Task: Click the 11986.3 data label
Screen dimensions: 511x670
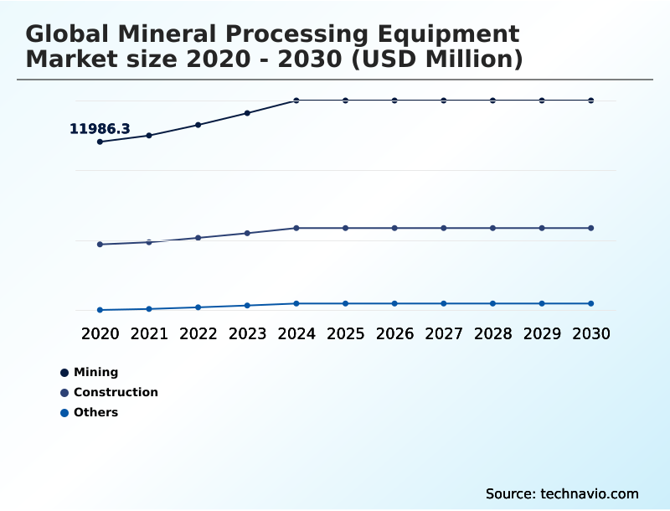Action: point(100,129)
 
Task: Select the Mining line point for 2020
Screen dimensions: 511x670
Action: point(100,142)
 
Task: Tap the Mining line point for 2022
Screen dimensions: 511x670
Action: point(198,125)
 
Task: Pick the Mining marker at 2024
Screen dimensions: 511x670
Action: point(296,101)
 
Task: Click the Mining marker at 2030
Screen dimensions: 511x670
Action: point(591,101)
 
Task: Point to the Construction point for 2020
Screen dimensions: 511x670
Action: point(100,245)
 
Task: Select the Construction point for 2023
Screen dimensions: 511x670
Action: point(247,233)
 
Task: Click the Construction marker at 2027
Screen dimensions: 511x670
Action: point(444,228)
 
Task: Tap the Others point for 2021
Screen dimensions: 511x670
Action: point(149,309)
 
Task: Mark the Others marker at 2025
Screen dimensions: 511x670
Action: point(345,303)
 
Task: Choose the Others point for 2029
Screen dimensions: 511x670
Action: point(542,303)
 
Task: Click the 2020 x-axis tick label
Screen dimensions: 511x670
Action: point(100,334)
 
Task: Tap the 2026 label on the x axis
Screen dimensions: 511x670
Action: point(394,334)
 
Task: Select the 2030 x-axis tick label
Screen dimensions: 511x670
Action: point(591,334)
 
